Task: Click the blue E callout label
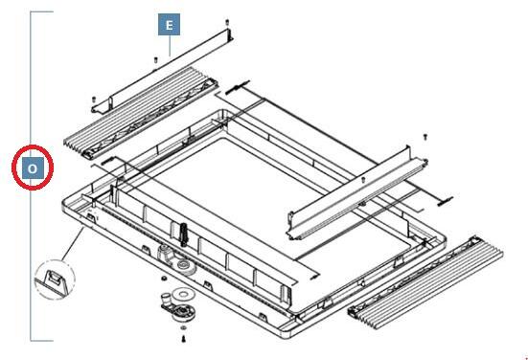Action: pos(169,25)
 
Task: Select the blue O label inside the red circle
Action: pos(33,168)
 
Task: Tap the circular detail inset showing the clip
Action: pos(55,280)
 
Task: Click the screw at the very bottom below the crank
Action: pos(184,339)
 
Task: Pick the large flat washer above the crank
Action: pos(183,294)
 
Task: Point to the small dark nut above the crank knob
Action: pos(164,279)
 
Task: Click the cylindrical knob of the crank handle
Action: pos(166,299)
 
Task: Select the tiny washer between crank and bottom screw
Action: pos(184,327)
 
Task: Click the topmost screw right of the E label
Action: pos(227,23)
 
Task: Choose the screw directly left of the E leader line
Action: pos(156,60)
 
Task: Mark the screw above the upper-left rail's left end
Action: pos(94,100)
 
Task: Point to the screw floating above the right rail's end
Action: pos(425,137)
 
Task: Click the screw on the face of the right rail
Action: pos(363,180)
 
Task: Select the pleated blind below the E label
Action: pos(141,112)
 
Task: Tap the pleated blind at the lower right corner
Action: pos(425,281)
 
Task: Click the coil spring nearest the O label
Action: pos(107,160)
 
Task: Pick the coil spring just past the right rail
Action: pos(446,201)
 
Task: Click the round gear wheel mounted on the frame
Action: pos(185,266)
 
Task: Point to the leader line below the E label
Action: pos(170,46)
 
